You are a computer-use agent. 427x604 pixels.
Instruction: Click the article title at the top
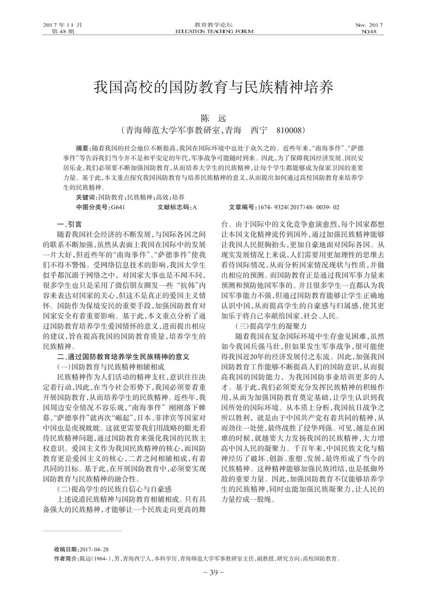[213, 88]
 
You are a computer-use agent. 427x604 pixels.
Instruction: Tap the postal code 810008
[290, 130]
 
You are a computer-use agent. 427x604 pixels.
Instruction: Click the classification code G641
[119, 207]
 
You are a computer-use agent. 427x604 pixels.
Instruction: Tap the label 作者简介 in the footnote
[66, 559]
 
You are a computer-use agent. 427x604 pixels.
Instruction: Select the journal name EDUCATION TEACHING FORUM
[213, 31]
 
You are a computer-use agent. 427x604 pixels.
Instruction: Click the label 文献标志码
[173, 207]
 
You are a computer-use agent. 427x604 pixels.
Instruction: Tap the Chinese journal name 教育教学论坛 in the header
[213, 25]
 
